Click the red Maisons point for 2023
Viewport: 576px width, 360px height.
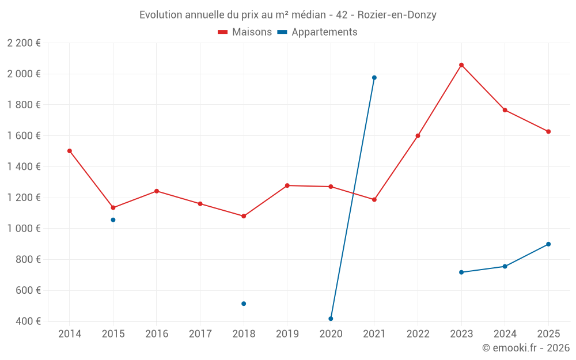(461, 65)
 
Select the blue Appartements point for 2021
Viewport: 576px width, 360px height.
(374, 78)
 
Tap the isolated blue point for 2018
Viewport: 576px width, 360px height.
(244, 304)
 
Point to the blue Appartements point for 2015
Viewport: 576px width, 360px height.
(113, 220)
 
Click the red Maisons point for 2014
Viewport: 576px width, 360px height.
(70, 151)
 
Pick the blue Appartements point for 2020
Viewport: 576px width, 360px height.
(331, 319)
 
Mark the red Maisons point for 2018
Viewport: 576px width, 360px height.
(244, 216)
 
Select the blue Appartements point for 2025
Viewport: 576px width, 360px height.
(548, 244)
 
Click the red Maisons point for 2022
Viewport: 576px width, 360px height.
(418, 136)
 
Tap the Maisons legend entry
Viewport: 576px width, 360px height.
(245, 32)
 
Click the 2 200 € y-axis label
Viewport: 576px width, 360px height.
(24, 43)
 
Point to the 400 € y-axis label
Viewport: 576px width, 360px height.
(28, 321)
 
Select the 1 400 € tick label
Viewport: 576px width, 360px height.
(24, 167)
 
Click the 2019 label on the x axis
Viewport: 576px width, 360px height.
(287, 334)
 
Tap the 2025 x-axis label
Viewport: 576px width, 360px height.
(548, 334)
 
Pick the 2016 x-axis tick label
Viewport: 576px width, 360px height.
(157, 334)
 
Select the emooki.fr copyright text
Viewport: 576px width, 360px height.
(526, 348)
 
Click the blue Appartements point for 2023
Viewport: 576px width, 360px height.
(461, 272)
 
